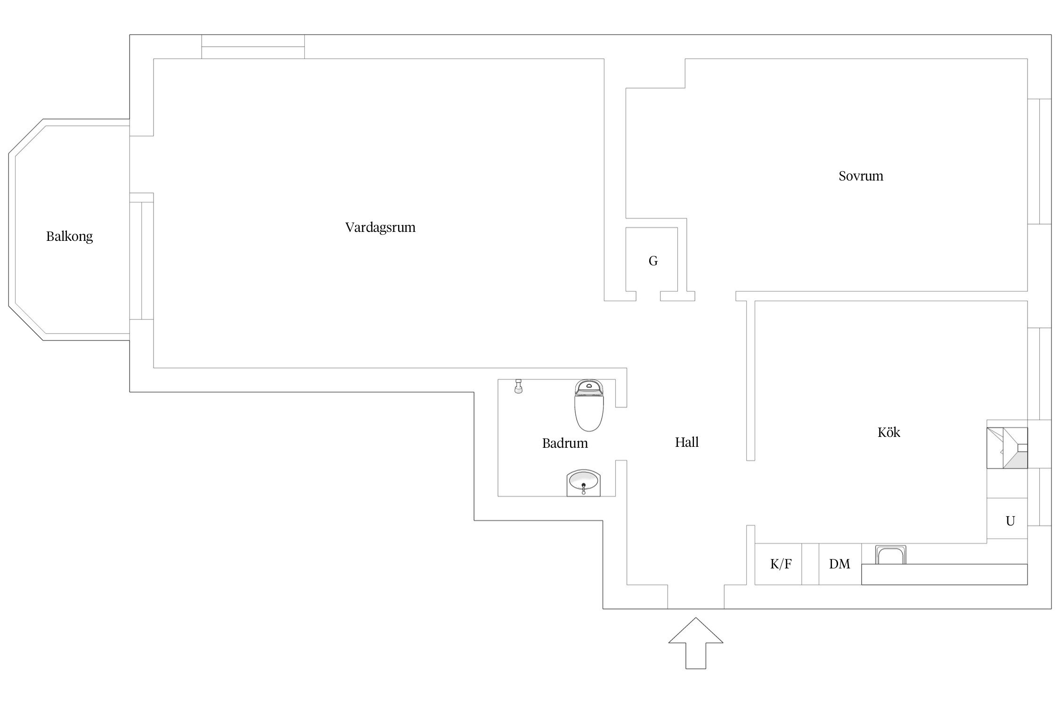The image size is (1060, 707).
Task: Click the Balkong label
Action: tap(70, 236)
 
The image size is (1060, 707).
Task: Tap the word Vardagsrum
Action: tap(380, 228)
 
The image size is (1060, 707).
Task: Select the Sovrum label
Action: tap(861, 176)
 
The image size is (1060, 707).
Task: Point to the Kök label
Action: tap(889, 433)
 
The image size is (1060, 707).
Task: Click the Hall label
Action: tap(686, 442)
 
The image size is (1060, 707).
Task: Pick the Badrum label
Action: tap(565, 443)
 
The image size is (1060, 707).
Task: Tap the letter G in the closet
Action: tap(653, 261)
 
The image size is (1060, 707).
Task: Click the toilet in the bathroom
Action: tap(589, 405)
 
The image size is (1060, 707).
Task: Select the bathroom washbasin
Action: tap(584, 482)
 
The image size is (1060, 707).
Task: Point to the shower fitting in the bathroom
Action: tap(519, 386)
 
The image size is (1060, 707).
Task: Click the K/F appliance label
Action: tap(781, 564)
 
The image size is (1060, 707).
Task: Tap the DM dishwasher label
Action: tap(840, 564)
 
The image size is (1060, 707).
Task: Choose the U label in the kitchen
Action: tap(1010, 521)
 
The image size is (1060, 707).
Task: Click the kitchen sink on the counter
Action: tap(890, 555)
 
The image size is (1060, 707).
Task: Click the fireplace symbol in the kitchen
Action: tap(1007, 448)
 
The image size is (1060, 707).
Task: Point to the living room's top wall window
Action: tap(253, 47)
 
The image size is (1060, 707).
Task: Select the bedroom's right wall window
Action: tap(1039, 161)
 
